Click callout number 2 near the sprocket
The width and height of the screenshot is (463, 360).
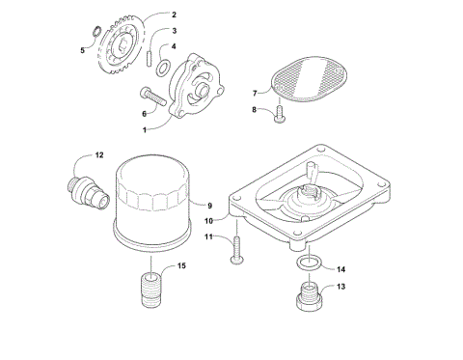174,15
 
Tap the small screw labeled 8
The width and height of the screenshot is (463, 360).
278,116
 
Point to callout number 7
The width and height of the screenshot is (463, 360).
256,94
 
